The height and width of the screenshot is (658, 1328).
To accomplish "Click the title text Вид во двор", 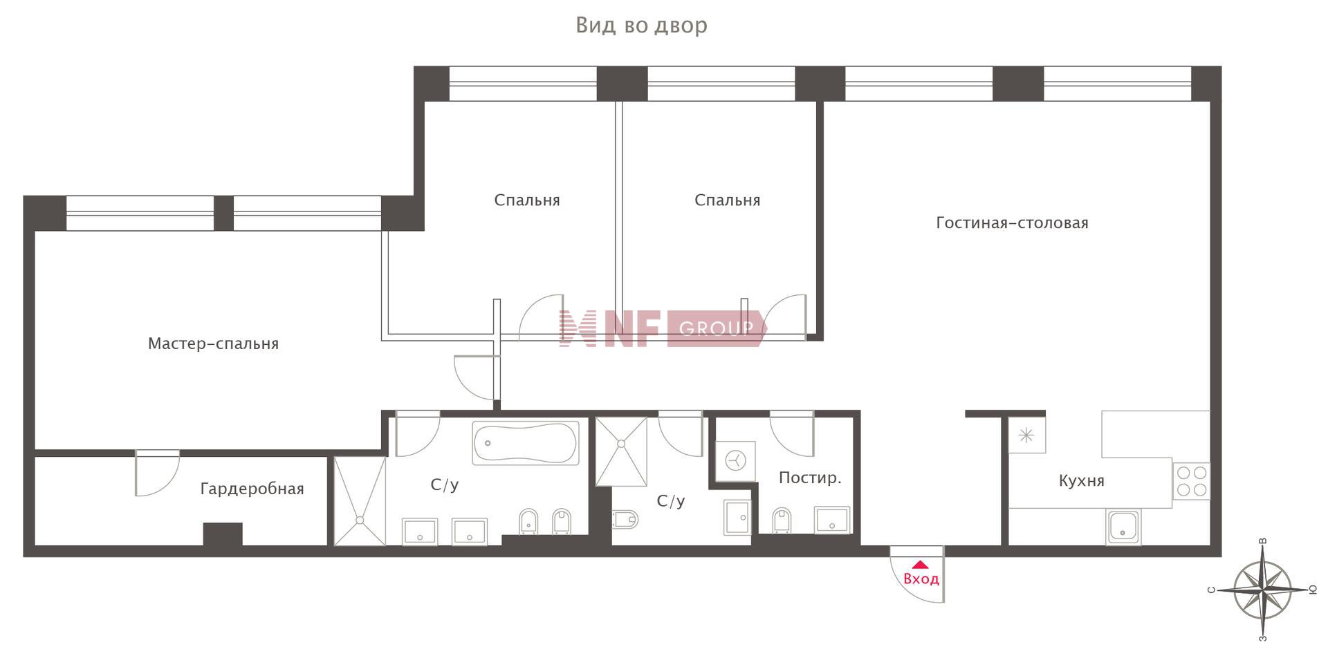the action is (641, 25).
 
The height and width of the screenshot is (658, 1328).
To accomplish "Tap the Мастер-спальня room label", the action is (213, 344).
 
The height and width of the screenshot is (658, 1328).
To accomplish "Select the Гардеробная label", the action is (252, 489).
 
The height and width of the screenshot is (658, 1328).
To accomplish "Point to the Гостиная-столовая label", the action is (1012, 223).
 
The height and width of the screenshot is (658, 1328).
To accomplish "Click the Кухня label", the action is (1081, 480).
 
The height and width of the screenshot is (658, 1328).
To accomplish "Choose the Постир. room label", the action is (810, 478).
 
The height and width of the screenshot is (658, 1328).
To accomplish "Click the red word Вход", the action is (921, 579).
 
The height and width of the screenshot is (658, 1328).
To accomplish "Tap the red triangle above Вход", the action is (920, 564).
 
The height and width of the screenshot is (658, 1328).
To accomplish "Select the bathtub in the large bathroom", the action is (526, 443).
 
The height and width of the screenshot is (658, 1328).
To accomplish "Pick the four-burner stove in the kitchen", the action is (1191, 481).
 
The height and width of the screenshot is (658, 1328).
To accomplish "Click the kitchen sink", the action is (1123, 527).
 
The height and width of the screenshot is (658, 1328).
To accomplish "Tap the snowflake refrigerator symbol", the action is (1026, 435).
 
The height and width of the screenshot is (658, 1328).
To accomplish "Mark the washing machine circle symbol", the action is (735, 460).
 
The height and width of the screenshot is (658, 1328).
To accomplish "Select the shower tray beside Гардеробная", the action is (360, 500).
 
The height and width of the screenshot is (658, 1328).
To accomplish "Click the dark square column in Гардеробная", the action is (223, 534).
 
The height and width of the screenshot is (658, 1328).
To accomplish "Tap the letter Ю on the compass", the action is (1312, 590).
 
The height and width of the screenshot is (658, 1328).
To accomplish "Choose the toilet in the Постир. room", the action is (781, 520).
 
